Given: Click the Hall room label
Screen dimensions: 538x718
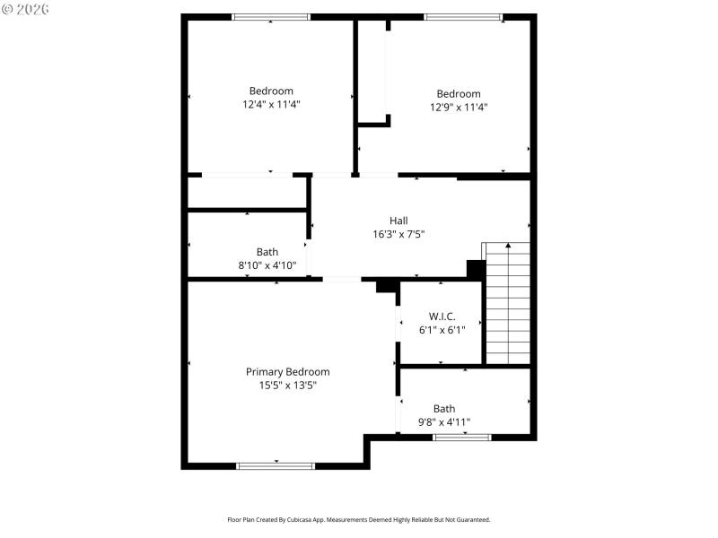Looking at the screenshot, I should point(398,221).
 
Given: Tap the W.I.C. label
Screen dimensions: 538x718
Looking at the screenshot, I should point(442,317).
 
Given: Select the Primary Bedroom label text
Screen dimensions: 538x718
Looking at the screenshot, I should point(287,372).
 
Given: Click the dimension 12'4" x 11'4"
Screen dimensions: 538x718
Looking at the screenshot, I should point(271,104).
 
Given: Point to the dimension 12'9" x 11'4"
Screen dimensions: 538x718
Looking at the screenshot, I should point(459,107).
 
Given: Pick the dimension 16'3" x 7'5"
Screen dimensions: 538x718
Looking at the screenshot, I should point(398,234).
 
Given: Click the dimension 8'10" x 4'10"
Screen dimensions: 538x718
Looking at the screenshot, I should point(267,265).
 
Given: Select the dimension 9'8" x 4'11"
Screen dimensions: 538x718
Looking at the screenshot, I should point(443,421).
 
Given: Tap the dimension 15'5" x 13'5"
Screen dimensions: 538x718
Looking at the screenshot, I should point(287,386).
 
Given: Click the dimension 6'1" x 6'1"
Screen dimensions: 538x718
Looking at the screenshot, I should point(442,330).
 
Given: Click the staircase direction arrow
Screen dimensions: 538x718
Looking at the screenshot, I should point(508,246).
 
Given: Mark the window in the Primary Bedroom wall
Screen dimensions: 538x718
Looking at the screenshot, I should point(276,465).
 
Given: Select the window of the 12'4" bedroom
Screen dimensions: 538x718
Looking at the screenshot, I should point(271,17).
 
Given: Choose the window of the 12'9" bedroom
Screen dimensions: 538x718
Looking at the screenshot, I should point(463,17).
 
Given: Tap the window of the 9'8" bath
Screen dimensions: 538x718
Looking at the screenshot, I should point(462,438).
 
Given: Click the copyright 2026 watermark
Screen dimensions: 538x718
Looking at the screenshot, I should point(25,9).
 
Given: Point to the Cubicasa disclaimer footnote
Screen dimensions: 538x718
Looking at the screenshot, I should point(358,519).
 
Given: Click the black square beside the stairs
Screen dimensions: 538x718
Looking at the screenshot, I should point(476,269).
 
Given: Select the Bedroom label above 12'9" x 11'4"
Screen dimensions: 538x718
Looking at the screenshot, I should point(459,93).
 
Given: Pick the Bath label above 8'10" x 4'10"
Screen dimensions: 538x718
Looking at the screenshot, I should point(267,252).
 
